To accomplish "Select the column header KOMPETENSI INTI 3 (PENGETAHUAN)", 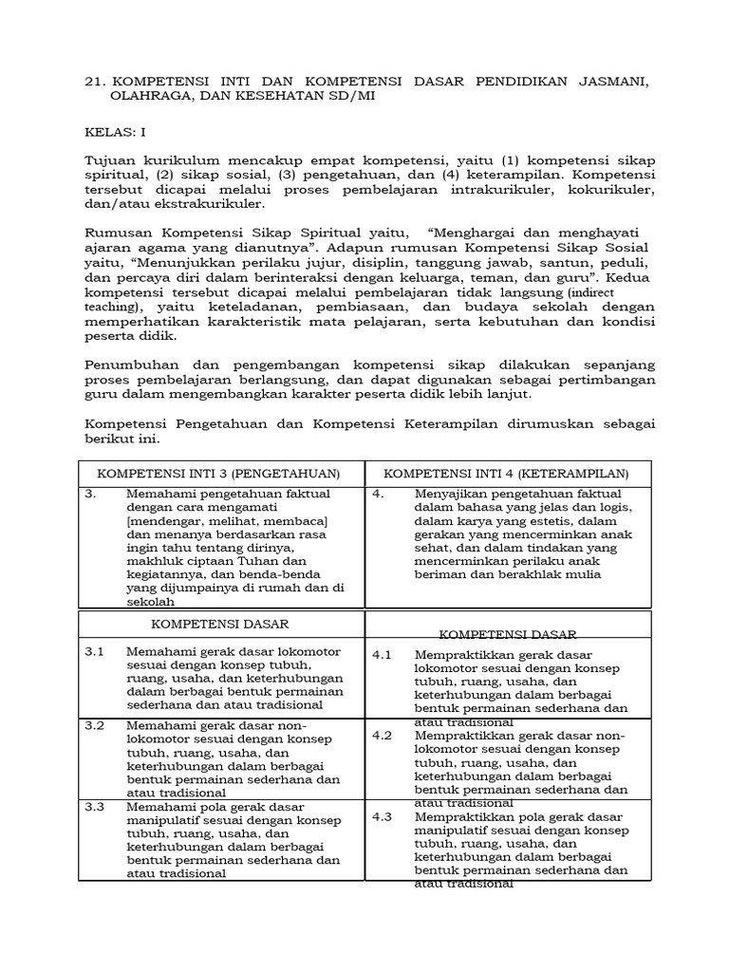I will [x=219, y=473].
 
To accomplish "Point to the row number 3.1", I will [x=94, y=651].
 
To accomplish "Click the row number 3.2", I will [x=94, y=725].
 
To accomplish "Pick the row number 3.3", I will [x=94, y=806].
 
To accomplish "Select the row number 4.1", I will [x=382, y=656].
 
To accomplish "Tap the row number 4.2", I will [x=382, y=736].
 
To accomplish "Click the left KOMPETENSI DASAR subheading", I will [x=220, y=625].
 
